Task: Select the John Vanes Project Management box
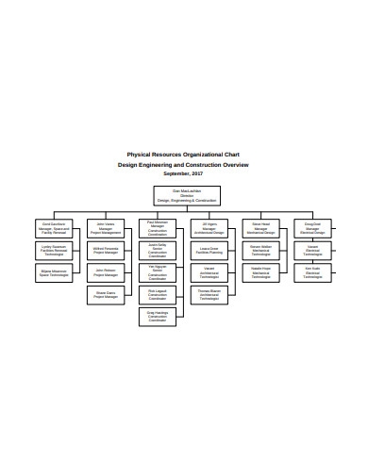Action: [x=106, y=227]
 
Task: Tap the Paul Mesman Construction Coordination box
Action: [x=158, y=229]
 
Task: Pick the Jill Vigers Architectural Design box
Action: [x=209, y=227]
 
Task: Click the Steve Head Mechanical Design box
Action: [x=261, y=227]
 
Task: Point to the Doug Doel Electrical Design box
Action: [x=313, y=227]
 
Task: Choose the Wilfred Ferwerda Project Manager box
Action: [x=106, y=250]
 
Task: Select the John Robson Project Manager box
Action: [x=106, y=271]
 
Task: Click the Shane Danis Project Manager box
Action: [x=106, y=294]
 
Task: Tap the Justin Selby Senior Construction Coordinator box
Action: [x=158, y=251]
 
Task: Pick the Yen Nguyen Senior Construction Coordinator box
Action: [x=158, y=273]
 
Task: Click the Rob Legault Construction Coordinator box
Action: [x=158, y=296]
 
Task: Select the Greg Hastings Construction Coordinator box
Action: [x=158, y=318]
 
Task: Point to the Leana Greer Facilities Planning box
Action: [x=209, y=250]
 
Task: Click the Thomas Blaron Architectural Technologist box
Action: [x=209, y=294]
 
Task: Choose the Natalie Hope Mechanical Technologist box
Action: [x=261, y=271]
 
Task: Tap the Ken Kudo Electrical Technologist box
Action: [x=313, y=271]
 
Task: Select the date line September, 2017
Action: [x=183, y=173]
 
